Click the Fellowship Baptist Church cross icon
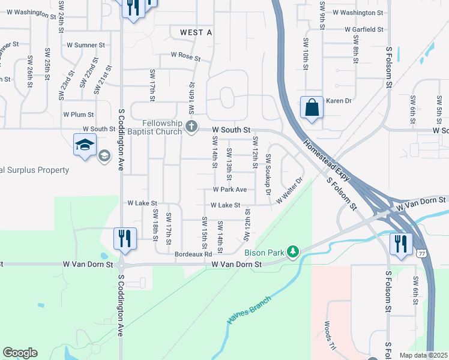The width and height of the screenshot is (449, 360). click(191, 126)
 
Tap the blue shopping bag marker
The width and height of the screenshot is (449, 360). click(312, 108)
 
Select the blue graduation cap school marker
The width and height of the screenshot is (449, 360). click(85, 145)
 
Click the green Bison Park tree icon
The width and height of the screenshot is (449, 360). click(293, 251)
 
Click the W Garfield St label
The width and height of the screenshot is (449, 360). click(364, 29)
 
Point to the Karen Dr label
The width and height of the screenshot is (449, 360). click(338, 101)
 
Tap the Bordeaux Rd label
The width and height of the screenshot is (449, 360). click(193, 254)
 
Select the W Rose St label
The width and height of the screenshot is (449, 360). click(185, 55)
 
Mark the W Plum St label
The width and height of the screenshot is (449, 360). click(79, 114)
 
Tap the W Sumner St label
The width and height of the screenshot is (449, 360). click(86, 44)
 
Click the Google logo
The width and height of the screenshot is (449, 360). click(20, 353)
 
